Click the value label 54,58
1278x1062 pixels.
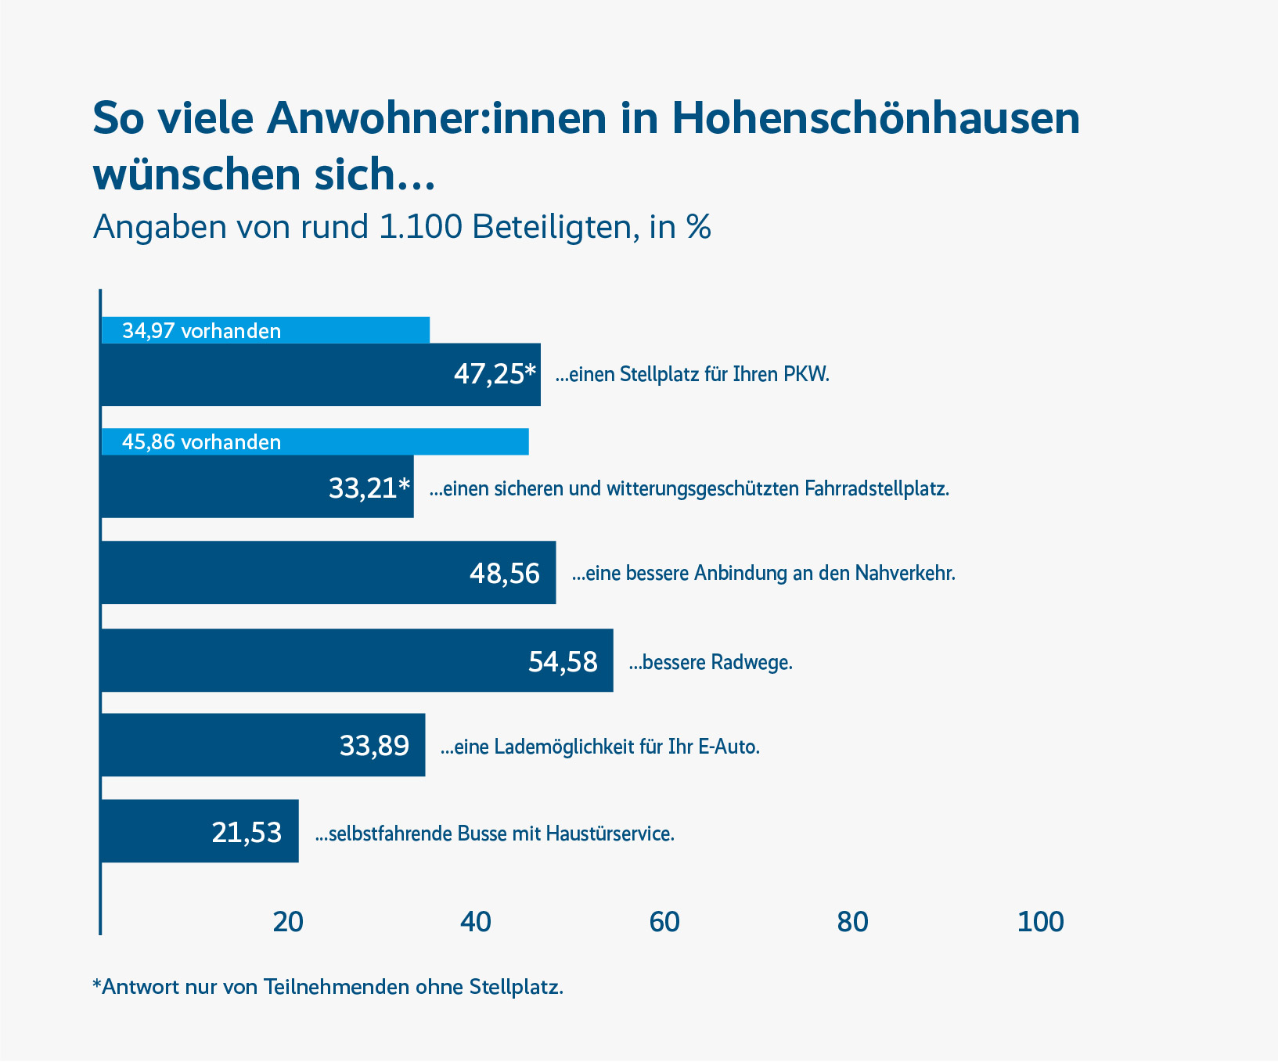563,662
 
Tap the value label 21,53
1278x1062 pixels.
247,832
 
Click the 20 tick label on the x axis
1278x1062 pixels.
288,923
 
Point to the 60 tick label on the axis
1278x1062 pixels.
664,923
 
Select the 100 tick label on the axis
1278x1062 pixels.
1040,923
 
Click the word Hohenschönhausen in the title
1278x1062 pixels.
876,118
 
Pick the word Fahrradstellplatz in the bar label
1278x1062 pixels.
877,489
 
